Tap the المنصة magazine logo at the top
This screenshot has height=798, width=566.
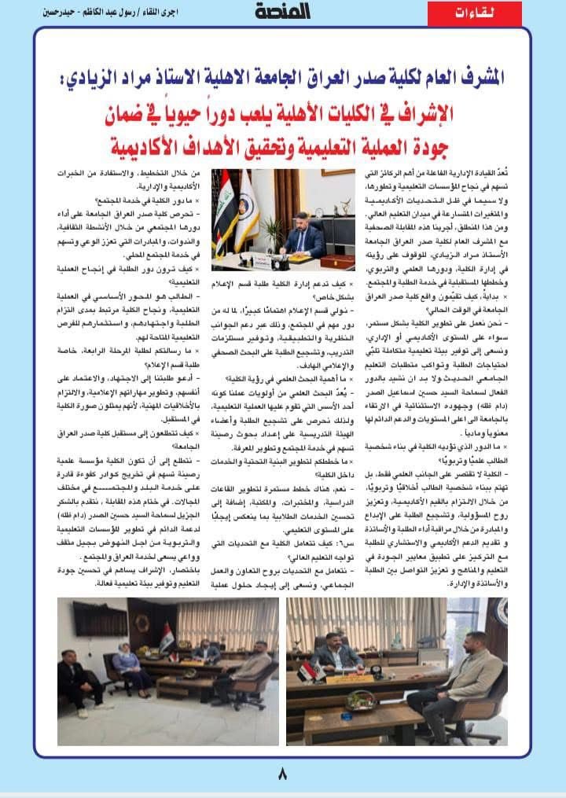(x=282, y=11)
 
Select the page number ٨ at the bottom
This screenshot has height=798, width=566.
(x=282, y=771)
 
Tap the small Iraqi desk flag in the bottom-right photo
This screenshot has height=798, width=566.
(x=307, y=673)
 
